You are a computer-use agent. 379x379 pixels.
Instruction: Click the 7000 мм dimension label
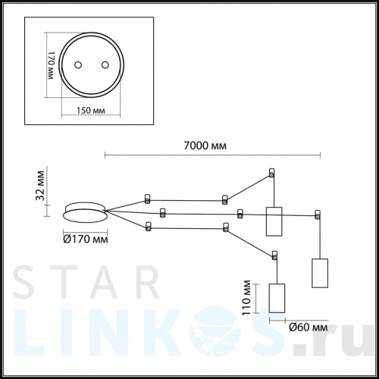(x=207, y=146)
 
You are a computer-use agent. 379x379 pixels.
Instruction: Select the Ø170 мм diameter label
(x=84, y=240)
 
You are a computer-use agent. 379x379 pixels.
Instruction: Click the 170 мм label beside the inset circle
(x=52, y=68)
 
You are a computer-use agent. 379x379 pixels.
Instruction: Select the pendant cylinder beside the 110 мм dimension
(x=276, y=298)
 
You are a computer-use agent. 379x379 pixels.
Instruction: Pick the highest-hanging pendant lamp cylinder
(x=273, y=221)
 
